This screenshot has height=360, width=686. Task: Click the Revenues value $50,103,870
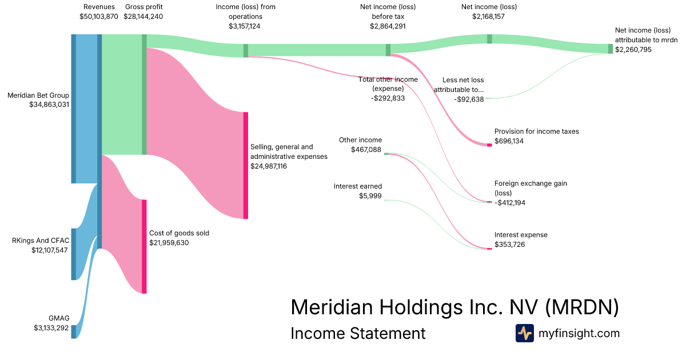pos(98,17)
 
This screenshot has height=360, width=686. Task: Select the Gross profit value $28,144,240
pos(143,17)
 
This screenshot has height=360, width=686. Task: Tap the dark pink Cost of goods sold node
pos(144,246)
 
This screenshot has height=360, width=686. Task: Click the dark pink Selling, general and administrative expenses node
pos(246,165)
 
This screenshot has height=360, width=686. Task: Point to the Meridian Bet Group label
pos(38,95)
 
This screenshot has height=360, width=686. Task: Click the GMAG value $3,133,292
pos(51,328)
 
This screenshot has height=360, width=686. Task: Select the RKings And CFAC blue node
pos(74,254)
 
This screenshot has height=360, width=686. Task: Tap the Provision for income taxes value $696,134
pos(509,141)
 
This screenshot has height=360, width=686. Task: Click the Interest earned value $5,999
pos(370,196)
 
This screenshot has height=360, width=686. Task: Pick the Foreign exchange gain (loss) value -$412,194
pos(510,203)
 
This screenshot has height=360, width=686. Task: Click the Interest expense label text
pos(521,235)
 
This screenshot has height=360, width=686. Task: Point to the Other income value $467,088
pos(366,150)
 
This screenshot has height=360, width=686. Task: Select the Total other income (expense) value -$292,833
pos(388,98)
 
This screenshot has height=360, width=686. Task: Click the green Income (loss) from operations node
pos(246,50)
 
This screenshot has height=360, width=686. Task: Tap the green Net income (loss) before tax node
pos(388,50)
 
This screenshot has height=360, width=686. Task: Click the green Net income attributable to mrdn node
pos(611,49)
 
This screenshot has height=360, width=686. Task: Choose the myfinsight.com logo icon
pos(525,333)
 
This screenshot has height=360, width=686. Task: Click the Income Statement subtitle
pos(358,333)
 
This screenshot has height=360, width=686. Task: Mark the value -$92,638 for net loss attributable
pos(469,99)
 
